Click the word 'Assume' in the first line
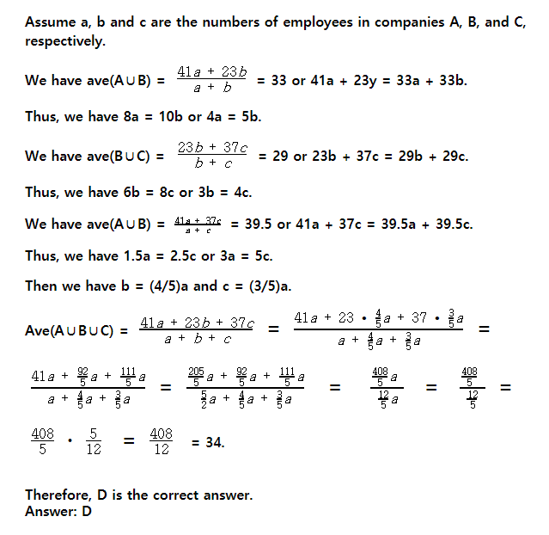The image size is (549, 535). point(51,22)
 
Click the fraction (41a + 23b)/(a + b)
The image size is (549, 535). point(210,80)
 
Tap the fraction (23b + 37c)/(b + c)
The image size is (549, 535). point(212,156)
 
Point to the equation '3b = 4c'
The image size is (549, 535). point(224,193)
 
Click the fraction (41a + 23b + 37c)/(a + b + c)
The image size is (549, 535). point(197,330)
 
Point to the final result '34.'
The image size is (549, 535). point(208,442)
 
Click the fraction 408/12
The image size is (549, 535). point(161,442)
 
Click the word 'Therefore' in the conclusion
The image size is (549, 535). point(60,495)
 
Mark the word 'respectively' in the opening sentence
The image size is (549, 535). point(67,40)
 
